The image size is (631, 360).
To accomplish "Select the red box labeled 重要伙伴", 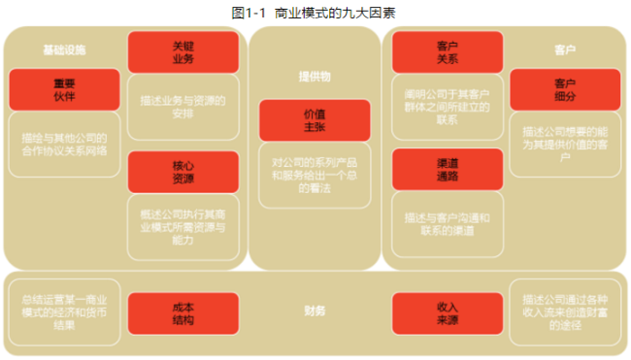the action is tap(64, 89).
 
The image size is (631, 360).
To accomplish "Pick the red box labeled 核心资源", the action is tap(183, 172).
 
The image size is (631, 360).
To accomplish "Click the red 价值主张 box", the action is tap(315, 120).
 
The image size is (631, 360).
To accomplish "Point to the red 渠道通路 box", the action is tap(448, 169).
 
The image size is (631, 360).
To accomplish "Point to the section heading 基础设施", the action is tap(64, 49).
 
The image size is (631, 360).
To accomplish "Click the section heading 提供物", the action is tap(315, 75).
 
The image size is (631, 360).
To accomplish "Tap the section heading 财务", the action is tap(315, 311).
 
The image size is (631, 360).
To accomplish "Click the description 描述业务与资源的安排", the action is tap(183, 106).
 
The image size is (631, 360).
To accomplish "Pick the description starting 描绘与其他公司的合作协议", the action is tap(64, 144).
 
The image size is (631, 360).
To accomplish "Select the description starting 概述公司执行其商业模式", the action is tap(183, 226).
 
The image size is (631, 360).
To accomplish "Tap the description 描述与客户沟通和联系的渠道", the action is tap(448, 224).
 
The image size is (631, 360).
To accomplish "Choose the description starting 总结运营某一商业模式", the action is tap(64, 311).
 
